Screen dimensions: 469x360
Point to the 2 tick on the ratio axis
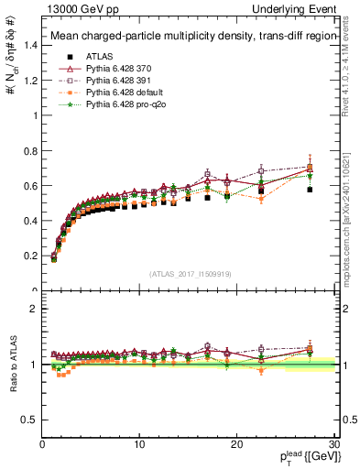click(x=32, y=309)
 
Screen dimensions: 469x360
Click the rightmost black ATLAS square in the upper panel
click(x=310, y=190)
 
